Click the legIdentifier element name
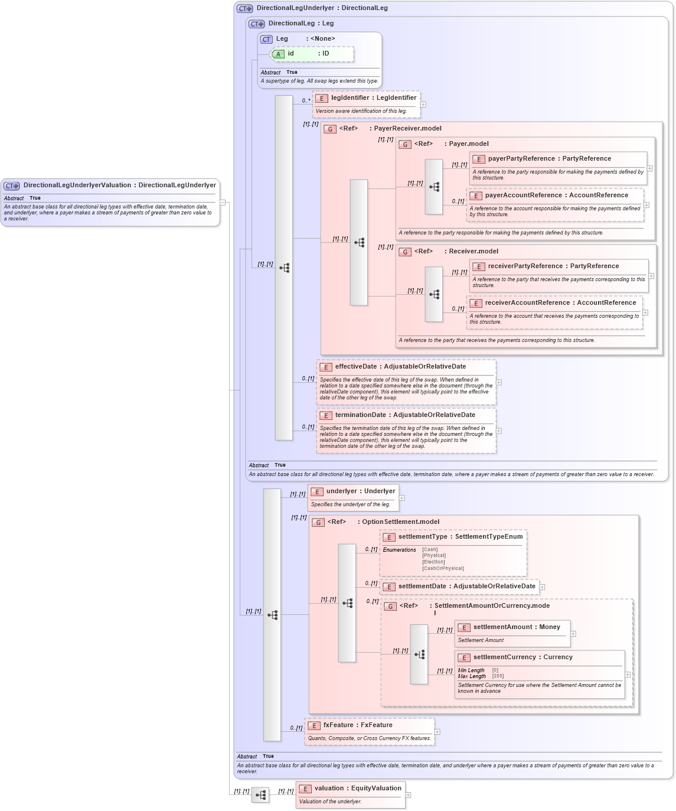click(350, 98)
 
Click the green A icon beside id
click(278, 54)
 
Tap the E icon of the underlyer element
click(317, 491)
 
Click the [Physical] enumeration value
click(434, 556)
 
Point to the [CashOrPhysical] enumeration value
click(443, 569)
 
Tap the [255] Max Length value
click(498, 676)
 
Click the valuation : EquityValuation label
click(358, 789)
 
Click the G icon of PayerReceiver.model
click(330, 129)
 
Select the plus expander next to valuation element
click(408, 795)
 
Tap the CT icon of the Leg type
click(266, 39)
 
